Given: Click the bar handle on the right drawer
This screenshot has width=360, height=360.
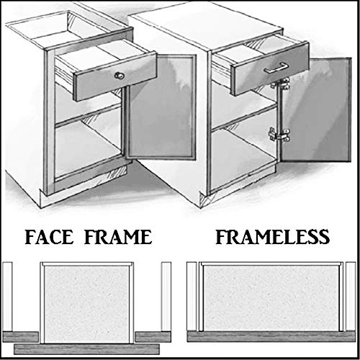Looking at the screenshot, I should tap(274, 69).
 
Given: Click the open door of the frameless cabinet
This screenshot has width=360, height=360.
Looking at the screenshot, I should tap(317, 108).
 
